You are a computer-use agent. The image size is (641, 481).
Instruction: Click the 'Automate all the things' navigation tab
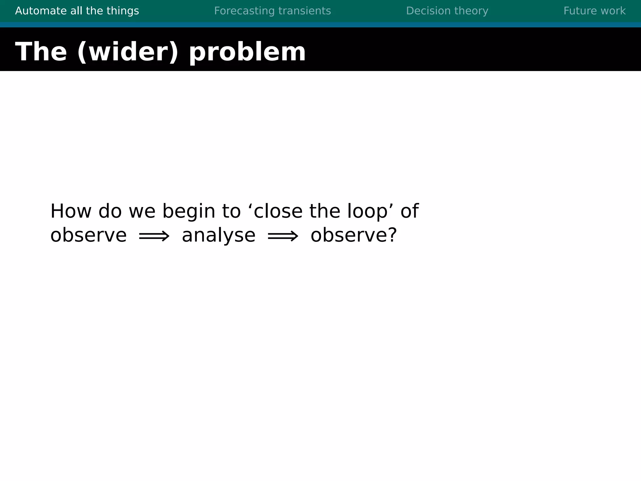click(x=77, y=11)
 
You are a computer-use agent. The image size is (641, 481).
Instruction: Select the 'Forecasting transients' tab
click(x=272, y=11)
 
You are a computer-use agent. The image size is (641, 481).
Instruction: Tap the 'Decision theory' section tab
click(x=447, y=11)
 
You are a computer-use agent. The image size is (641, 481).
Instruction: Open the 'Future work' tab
click(x=594, y=11)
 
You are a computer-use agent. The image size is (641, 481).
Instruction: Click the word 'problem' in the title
click(x=247, y=52)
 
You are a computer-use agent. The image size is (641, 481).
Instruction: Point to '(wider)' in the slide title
click(x=128, y=52)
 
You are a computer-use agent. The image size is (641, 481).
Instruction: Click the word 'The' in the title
click(x=41, y=52)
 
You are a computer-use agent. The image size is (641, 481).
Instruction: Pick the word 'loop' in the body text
click(x=367, y=212)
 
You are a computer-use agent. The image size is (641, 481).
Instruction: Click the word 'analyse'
click(x=218, y=235)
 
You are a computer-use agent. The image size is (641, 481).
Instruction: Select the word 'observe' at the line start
click(x=88, y=235)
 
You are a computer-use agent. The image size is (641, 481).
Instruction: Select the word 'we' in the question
click(x=142, y=212)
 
